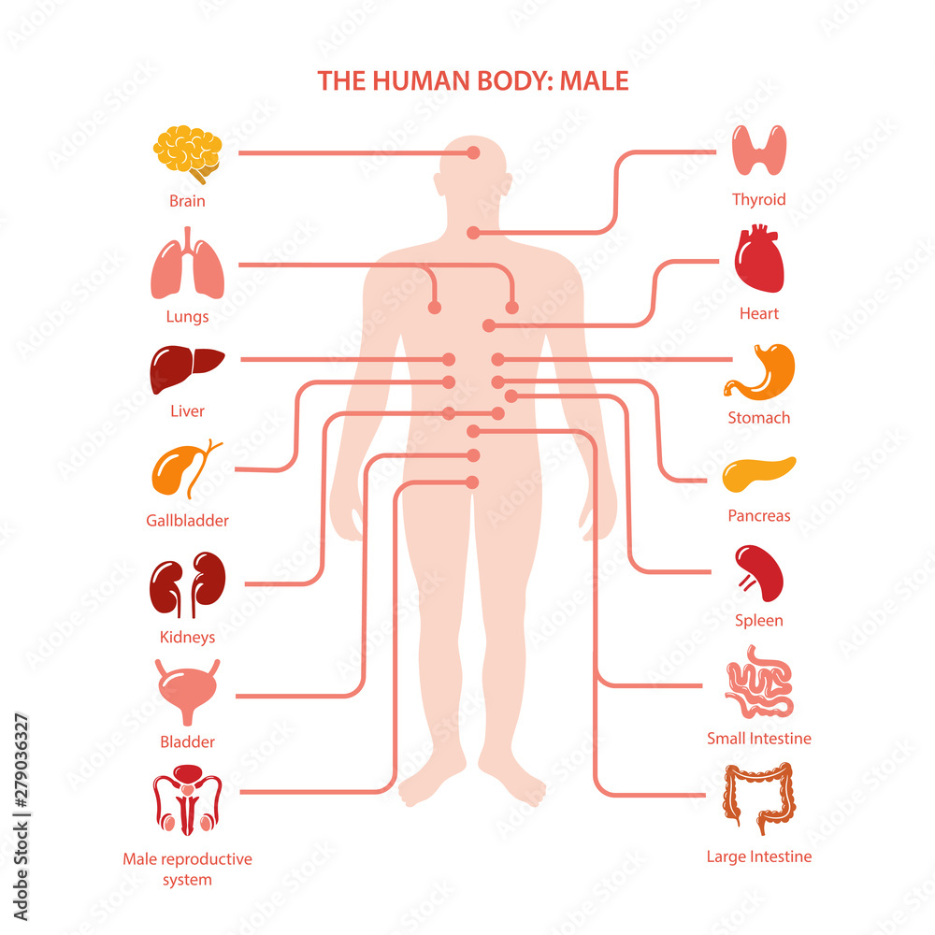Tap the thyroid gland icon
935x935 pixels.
coord(759,151)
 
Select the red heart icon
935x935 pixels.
coord(759,258)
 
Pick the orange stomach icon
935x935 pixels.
coord(759,371)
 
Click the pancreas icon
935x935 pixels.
coord(759,474)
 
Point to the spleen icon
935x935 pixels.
coord(759,573)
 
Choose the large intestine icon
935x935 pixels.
coord(759,798)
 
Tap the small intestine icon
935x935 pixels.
coord(759,681)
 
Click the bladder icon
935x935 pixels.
coord(187,692)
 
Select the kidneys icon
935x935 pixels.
coord(187,584)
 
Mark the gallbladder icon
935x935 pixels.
coord(187,469)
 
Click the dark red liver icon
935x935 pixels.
coord(187,369)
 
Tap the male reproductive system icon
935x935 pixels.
coord(187,800)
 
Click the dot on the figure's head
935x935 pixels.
coord(473,152)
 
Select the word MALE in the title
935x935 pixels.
coord(594,81)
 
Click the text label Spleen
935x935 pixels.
coord(759,620)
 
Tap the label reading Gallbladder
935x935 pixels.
coord(187,521)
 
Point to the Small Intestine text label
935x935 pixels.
coord(759,739)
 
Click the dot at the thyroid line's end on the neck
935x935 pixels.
coord(473,233)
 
